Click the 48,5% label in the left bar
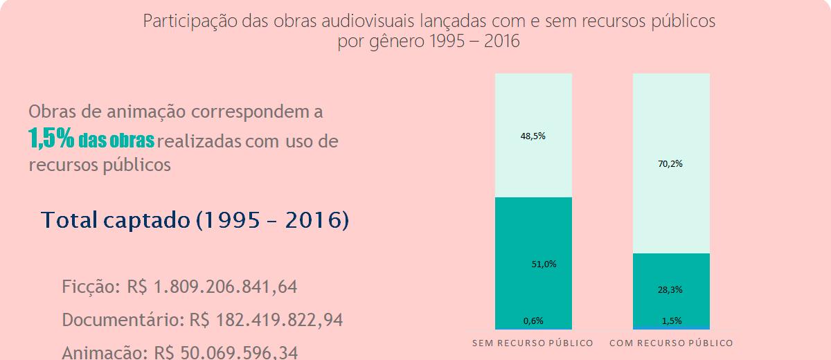tap(533, 136)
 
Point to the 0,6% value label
tap(533, 321)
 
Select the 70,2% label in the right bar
tap(671, 164)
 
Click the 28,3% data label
tap(670, 290)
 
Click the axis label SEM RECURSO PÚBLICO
tap(533, 343)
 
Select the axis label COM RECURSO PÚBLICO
tap(671, 343)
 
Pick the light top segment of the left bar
tap(533, 104)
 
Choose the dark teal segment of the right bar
tap(671, 270)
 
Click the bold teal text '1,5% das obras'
tap(91, 139)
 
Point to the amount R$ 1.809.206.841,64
tap(212, 287)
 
